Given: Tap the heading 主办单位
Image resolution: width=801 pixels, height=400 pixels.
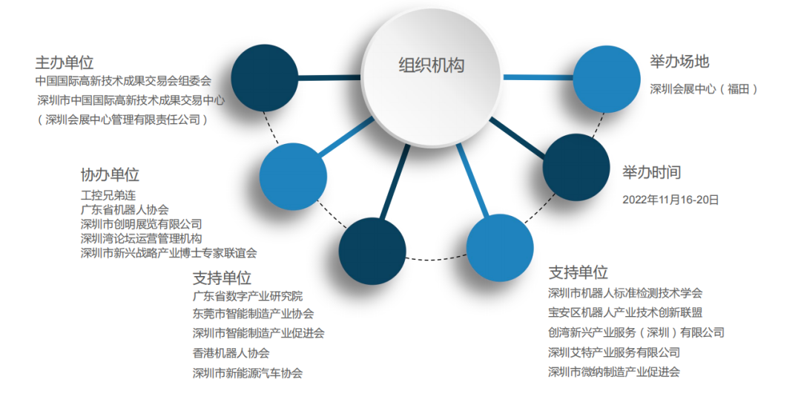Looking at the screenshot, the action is [x=65, y=62].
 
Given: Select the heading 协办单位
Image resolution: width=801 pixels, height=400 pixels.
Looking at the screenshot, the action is [x=110, y=175].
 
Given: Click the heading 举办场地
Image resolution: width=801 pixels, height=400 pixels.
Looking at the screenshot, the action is [x=679, y=62].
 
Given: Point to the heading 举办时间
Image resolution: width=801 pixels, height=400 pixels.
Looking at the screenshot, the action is [x=652, y=173].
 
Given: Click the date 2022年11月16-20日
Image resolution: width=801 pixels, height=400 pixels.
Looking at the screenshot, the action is [x=670, y=199].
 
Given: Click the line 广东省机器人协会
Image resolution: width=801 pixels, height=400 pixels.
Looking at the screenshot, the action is [x=125, y=210].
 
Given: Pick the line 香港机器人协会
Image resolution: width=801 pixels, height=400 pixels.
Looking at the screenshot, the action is [x=231, y=353].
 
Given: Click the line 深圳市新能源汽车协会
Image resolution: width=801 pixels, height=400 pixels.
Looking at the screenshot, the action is [x=247, y=373].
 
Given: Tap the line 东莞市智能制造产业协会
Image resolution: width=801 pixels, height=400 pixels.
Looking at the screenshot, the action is [x=253, y=314].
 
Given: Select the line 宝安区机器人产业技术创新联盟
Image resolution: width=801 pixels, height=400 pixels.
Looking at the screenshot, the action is [x=625, y=312].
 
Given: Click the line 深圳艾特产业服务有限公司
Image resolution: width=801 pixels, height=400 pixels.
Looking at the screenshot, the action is [x=614, y=353].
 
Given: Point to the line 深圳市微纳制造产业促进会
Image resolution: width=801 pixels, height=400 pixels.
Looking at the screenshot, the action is [x=614, y=372].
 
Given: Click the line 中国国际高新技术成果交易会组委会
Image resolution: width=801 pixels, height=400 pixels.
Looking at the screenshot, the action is [x=123, y=80].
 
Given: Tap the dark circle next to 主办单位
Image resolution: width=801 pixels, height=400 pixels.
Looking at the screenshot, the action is [x=265, y=77].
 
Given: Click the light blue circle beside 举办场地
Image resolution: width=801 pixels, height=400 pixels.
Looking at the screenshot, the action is [x=607, y=80].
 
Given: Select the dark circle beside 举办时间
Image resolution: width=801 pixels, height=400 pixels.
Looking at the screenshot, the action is [x=576, y=166].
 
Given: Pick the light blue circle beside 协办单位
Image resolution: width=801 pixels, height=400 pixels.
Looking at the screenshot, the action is [x=293, y=176].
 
